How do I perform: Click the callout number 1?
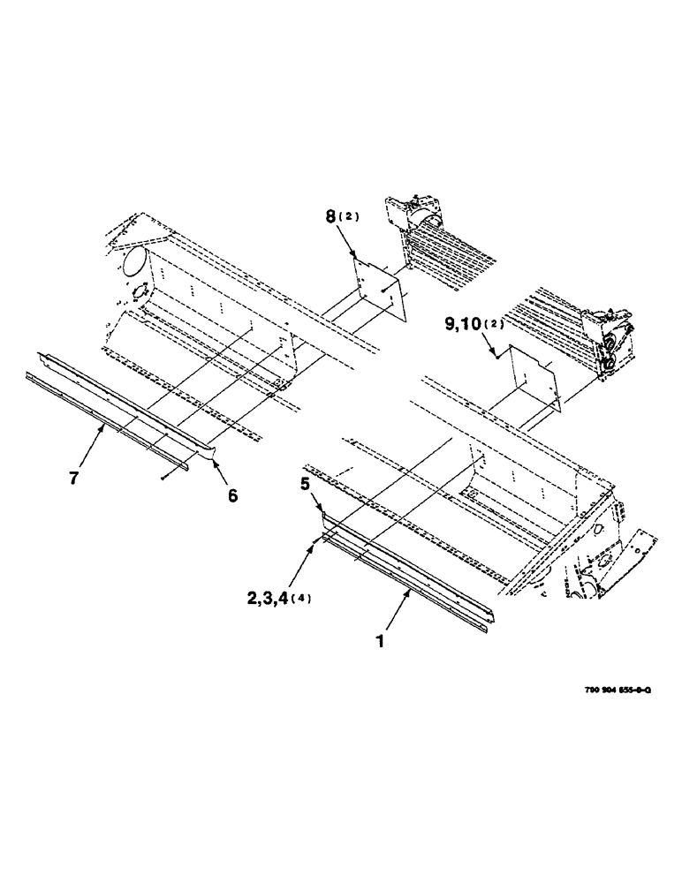(x=380, y=643)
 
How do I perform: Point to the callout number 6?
(x=232, y=495)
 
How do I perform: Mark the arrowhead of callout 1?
(x=407, y=595)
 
